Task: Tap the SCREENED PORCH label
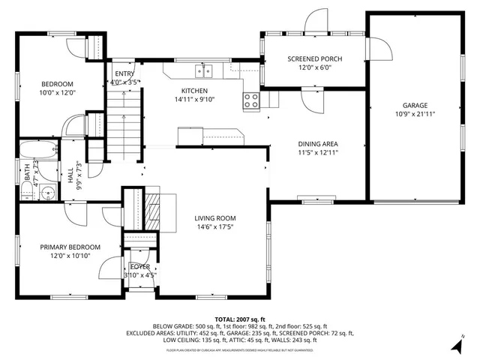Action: tap(314, 58)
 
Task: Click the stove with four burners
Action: tap(251, 100)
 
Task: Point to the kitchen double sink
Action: tap(204, 71)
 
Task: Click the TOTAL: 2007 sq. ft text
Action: tap(240, 319)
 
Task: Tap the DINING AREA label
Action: tap(317, 143)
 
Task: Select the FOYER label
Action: tap(139, 266)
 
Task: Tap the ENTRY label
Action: tap(124, 73)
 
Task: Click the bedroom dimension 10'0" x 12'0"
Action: tap(57, 93)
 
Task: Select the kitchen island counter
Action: tap(211, 136)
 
